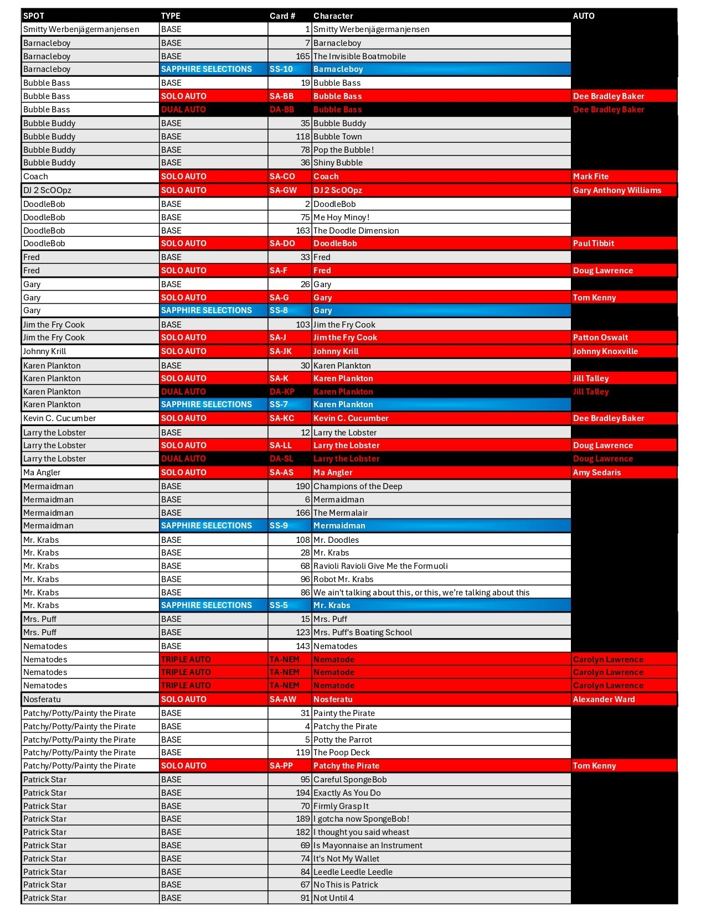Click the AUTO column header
tap(584, 16)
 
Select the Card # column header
tap(282, 16)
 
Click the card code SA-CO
tap(282, 177)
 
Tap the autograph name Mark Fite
tap(591, 177)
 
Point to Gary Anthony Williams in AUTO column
tap(617, 190)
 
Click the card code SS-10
tap(281, 69)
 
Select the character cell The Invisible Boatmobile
tap(359, 56)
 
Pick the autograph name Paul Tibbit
tap(594, 243)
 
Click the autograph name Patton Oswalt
tap(600, 338)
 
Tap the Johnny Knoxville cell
tap(605, 351)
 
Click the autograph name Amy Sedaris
tap(597, 473)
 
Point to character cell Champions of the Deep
tap(358, 486)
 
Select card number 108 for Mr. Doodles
tap(303, 540)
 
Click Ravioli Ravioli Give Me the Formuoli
tap(380, 566)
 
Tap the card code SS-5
tap(279, 605)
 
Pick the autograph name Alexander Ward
tap(604, 699)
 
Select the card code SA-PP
tap(281, 766)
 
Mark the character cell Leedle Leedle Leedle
tap(353, 872)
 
